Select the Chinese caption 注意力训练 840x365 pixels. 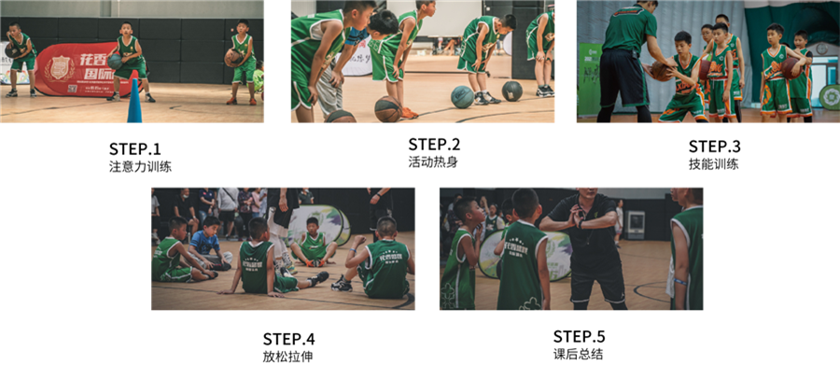[140, 167]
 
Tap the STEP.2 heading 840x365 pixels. [434, 145]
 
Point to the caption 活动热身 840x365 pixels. [433, 162]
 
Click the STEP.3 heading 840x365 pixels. [714, 147]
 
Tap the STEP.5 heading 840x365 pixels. [579, 336]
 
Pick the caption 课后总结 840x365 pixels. [578, 354]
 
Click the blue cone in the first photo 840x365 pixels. [134, 103]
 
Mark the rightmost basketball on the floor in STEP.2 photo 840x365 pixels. [511, 91]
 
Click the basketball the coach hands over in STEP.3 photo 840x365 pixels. [659, 72]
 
